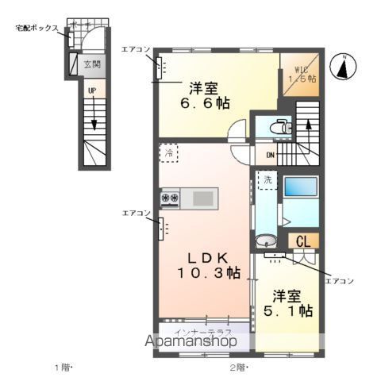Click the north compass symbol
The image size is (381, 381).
[x=343, y=67]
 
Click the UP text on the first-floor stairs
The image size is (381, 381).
[x=92, y=91]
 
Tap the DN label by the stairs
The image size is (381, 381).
[x=270, y=156]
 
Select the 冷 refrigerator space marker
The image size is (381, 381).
[x=168, y=152]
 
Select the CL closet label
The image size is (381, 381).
[x=302, y=241]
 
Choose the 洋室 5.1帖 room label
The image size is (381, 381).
[x=287, y=303]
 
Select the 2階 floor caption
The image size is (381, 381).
[x=237, y=368]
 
